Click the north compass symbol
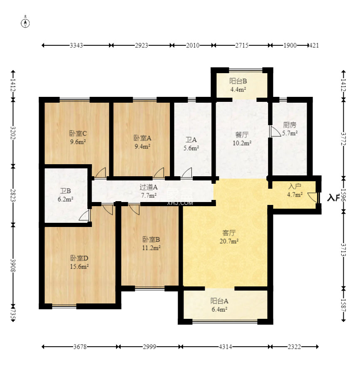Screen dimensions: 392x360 point(25,23)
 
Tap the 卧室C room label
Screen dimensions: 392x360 point(78,138)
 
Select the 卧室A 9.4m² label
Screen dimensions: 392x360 point(142,142)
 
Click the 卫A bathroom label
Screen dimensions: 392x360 point(191,143)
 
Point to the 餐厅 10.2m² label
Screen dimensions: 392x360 point(242,139)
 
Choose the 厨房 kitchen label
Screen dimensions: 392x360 point(290,129)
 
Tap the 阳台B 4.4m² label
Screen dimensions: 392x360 point(238,85)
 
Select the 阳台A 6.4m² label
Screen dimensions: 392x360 point(219,306)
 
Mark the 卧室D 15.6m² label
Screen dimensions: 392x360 point(79,262)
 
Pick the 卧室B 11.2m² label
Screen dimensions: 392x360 point(151,244)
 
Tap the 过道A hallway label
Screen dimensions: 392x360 point(148,191)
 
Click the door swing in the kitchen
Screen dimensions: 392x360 point(275,132)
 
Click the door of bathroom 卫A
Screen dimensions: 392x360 point(186,173)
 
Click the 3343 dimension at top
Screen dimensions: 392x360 point(77,45)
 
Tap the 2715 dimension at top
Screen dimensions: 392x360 point(241,45)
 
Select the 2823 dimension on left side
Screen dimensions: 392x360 point(13,195)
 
